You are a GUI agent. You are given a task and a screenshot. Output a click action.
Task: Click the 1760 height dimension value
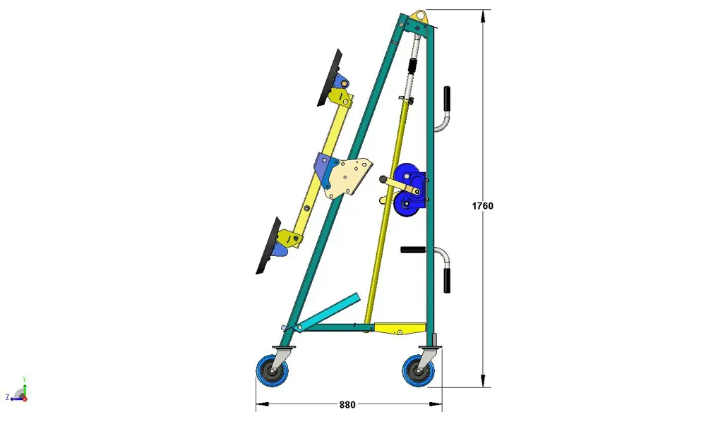[482, 206]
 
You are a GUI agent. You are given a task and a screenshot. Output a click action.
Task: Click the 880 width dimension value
[347, 405]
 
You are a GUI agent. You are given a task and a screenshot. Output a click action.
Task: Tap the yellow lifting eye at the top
[420, 17]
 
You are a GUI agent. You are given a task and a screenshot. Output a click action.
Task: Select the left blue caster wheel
[273, 370]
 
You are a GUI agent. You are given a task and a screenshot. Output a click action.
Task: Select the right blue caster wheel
[418, 370]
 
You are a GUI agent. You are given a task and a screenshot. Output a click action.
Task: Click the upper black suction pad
[330, 78]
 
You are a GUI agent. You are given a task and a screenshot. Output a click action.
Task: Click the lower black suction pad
[268, 246]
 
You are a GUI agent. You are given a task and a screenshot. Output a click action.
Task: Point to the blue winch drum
[408, 190]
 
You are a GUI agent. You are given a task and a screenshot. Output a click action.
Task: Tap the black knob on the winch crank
[383, 179]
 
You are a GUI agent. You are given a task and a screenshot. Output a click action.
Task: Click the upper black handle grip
[447, 98]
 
